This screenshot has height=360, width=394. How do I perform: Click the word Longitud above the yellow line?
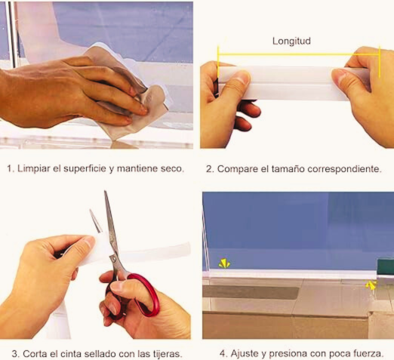pos(291,41)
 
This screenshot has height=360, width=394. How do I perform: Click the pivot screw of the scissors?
pos(114,257)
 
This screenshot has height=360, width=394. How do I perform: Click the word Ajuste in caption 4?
pos(245,353)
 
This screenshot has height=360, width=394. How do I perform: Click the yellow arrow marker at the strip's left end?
pos(223,263)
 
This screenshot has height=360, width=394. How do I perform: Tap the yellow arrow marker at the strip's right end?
pos(371,285)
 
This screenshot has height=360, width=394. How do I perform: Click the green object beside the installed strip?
pos(385,266)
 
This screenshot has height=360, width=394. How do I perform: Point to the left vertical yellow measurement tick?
pos(218,62)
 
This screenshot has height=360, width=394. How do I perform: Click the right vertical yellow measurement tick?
pos(380,62)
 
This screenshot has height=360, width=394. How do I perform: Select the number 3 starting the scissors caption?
pos(14,354)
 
